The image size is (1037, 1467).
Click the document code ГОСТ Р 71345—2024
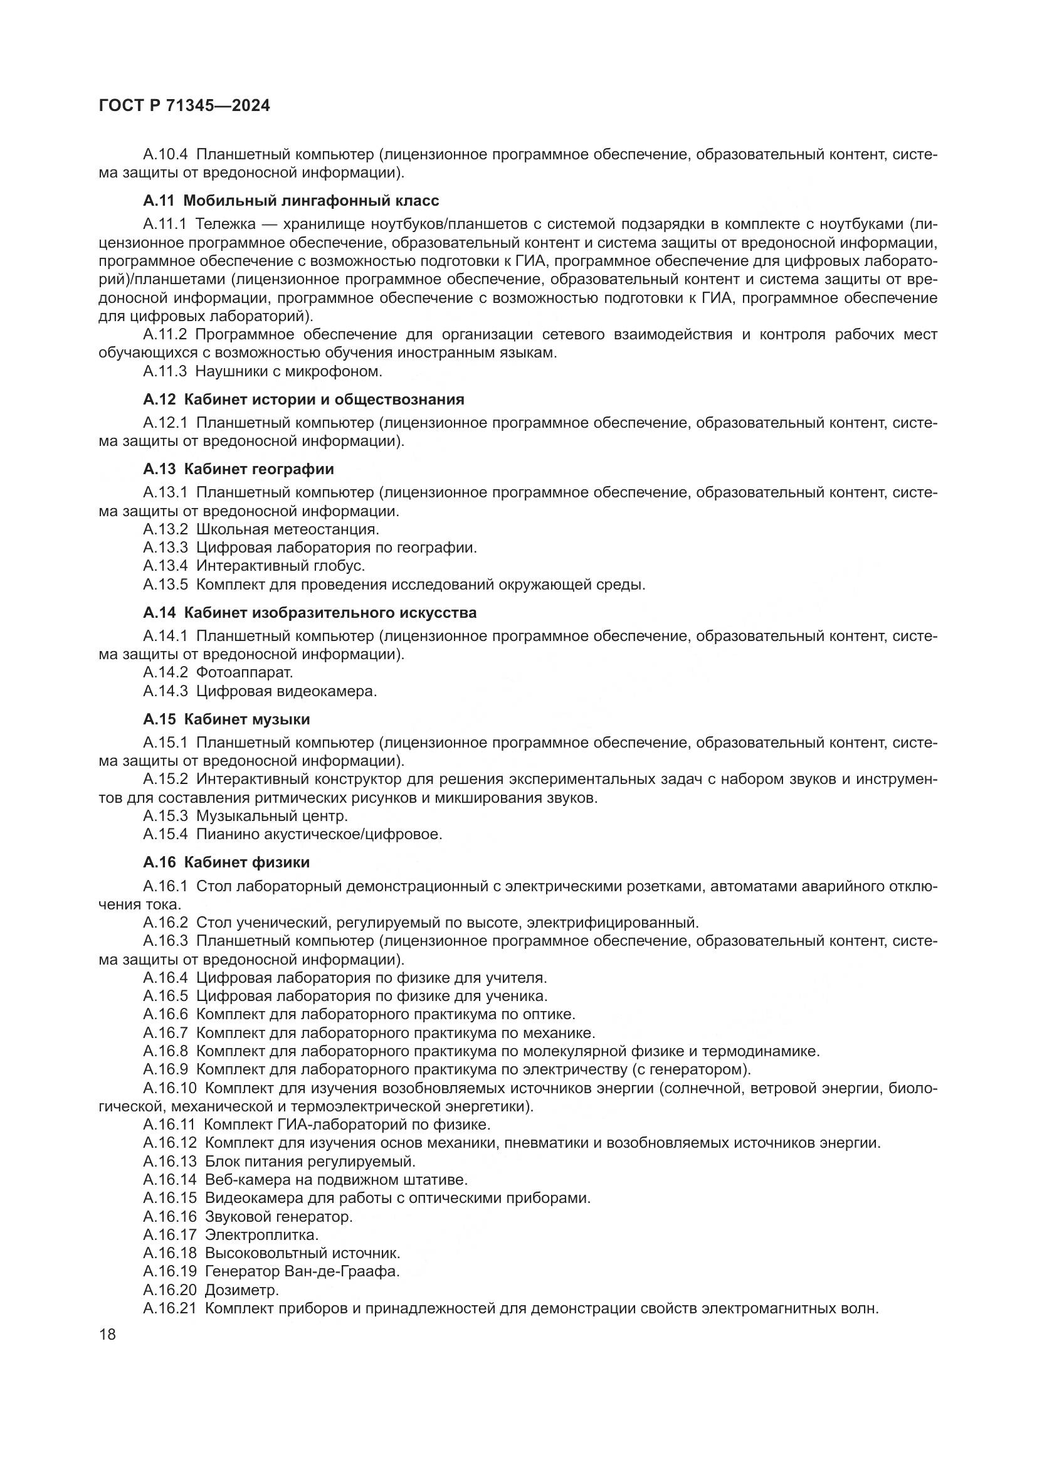click(184, 106)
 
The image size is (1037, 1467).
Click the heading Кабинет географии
click(258, 469)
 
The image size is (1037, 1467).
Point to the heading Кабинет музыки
click(246, 719)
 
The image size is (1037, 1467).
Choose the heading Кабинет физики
click(246, 862)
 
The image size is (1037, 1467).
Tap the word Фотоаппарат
click(244, 672)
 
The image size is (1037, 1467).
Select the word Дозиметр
click(241, 1290)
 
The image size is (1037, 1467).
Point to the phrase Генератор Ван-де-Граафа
click(302, 1271)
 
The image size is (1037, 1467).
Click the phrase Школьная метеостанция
click(287, 529)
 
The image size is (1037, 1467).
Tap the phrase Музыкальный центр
click(271, 816)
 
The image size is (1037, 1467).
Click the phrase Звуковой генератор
click(278, 1217)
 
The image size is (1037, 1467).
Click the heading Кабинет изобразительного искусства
click(330, 613)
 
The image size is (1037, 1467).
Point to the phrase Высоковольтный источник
click(302, 1253)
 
